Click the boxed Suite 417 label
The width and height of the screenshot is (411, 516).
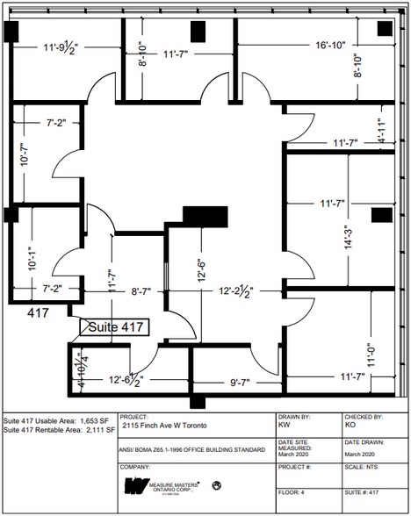(x=114, y=327)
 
